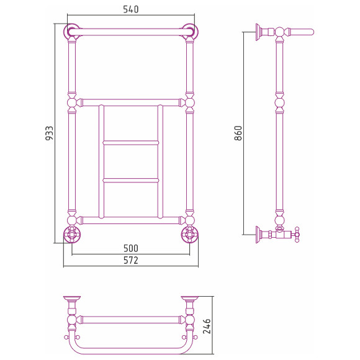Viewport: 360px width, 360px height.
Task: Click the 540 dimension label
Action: tap(131, 9)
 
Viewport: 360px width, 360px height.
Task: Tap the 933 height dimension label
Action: tap(50, 133)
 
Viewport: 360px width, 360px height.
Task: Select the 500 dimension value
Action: tap(131, 248)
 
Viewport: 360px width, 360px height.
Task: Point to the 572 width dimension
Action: tap(131, 260)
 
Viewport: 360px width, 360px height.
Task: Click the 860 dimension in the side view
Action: tap(238, 133)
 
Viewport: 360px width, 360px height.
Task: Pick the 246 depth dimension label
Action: tap(207, 326)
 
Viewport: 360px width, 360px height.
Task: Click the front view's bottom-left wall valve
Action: tap(72, 234)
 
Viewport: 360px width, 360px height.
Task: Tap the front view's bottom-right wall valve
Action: tap(190, 234)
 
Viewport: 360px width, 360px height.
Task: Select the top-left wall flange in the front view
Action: tap(71, 32)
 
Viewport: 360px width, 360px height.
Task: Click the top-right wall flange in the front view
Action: tap(190, 32)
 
